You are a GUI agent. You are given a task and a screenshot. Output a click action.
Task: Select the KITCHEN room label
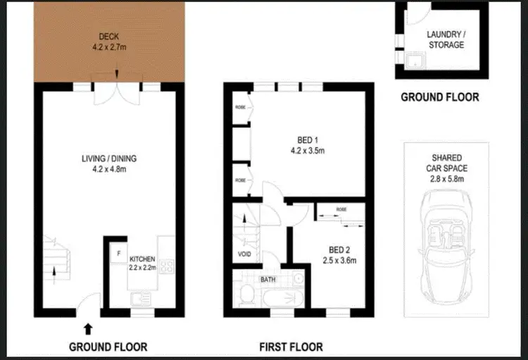point(142,259)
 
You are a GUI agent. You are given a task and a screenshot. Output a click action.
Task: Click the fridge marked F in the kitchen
point(119,252)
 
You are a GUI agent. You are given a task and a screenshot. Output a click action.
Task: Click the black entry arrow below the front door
point(87,328)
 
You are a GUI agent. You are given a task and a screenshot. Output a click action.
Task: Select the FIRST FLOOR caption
point(290,347)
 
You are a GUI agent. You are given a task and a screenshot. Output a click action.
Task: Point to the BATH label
point(268,280)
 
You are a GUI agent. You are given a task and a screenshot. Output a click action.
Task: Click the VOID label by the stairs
point(244,254)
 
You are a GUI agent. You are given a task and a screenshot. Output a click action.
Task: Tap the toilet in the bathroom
point(246,297)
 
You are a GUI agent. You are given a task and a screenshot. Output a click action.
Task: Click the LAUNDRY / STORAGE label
point(446,39)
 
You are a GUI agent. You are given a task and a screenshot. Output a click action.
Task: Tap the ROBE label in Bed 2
point(341,209)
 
